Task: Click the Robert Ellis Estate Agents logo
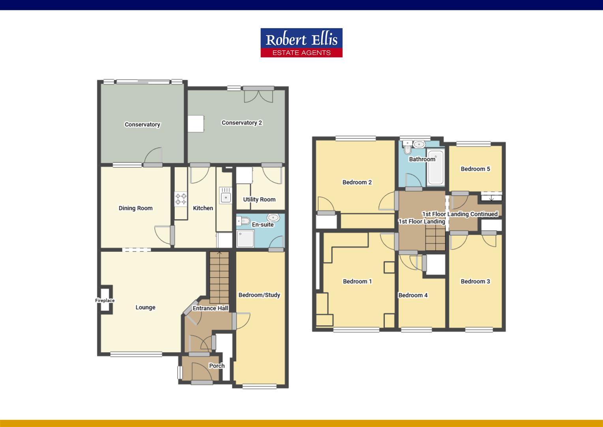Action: click(301, 43)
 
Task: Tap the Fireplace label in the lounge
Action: click(105, 300)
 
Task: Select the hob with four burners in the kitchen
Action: click(181, 198)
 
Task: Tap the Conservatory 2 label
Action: click(242, 123)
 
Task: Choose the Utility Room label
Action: click(259, 199)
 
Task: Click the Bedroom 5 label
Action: click(475, 169)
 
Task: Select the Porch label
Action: click(217, 366)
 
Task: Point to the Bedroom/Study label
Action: click(259, 295)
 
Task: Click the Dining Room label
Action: click(135, 208)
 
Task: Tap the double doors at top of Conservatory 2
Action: click(258, 96)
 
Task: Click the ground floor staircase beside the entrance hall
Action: click(219, 277)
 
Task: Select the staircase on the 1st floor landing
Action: click(435, 237)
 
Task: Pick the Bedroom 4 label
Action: click(413, 295)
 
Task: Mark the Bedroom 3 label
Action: click(475, 281)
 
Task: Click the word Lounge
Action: click(145, 307)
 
